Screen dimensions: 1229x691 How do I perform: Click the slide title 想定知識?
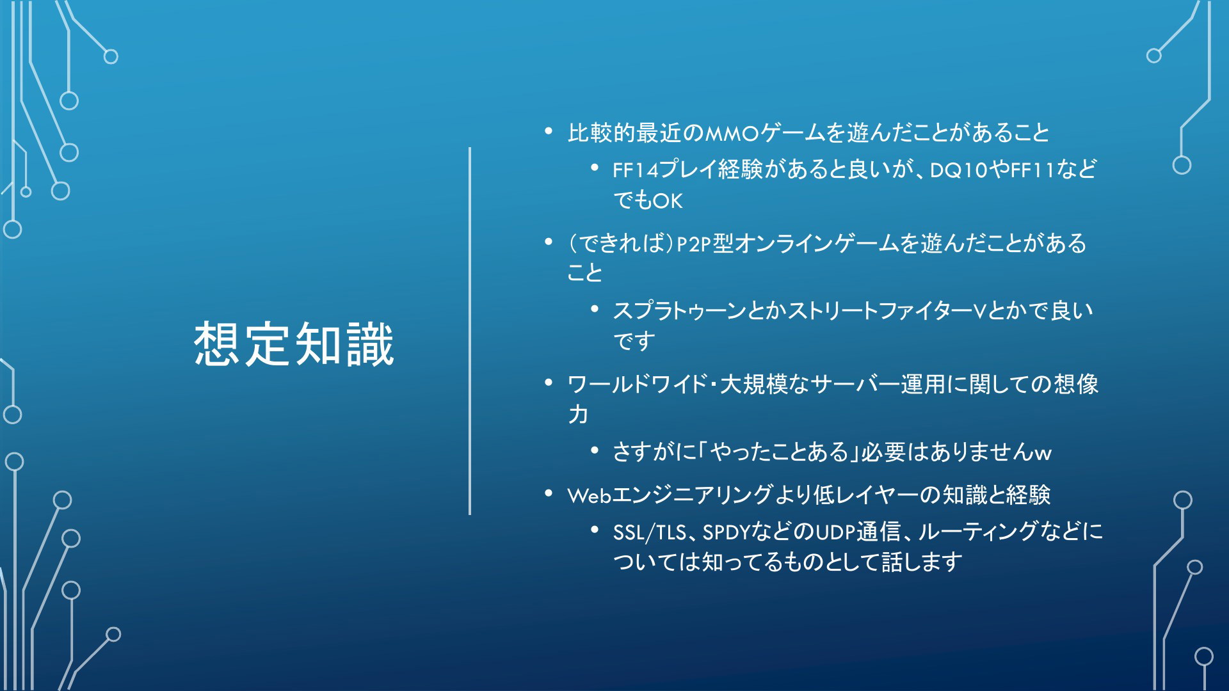294,344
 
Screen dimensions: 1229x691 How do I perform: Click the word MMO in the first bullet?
732,133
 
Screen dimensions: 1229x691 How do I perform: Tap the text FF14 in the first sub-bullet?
636,170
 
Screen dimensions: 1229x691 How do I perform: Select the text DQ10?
959,170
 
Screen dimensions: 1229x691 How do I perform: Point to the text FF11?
1032,170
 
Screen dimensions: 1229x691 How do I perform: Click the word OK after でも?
668,201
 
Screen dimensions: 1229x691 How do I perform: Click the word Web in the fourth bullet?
590,495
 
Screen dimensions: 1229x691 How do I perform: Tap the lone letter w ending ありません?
1043,454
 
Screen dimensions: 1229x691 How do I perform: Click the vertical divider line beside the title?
470,331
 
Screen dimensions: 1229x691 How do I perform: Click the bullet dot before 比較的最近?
549,132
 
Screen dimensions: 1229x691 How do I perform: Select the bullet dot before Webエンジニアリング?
549,493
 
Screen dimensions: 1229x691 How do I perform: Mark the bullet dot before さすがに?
595,451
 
